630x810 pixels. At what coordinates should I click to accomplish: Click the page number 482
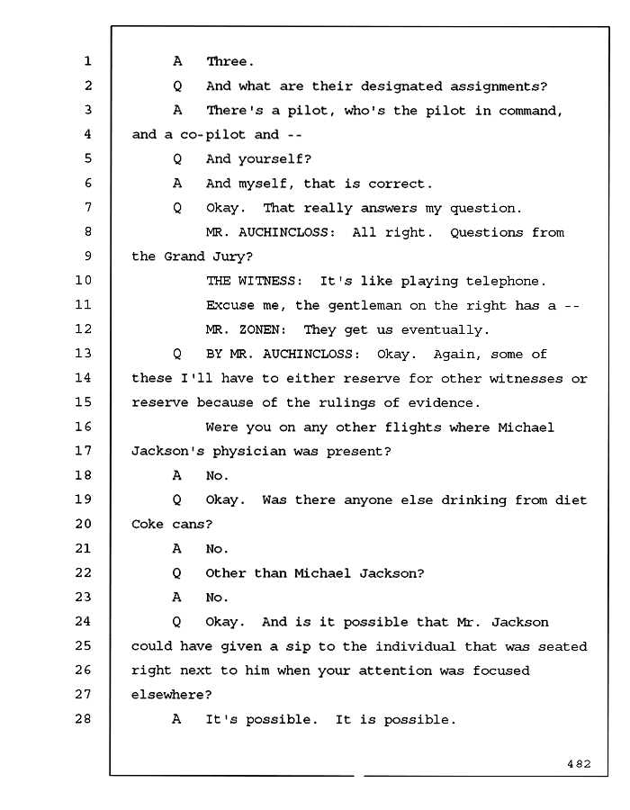(x=579, y=763)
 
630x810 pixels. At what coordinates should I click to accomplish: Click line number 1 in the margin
(x=88, y=61)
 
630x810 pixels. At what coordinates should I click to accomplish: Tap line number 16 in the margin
(x=83, y=427)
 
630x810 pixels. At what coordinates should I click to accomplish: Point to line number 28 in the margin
(x=83, y=718)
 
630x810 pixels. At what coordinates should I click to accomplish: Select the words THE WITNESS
(x=251, y=281)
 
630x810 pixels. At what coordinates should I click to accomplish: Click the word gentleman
(x=364, y=306)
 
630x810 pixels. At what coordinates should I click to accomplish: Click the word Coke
(x=148, y=524)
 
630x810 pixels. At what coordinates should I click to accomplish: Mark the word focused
(x=501, y=670)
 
